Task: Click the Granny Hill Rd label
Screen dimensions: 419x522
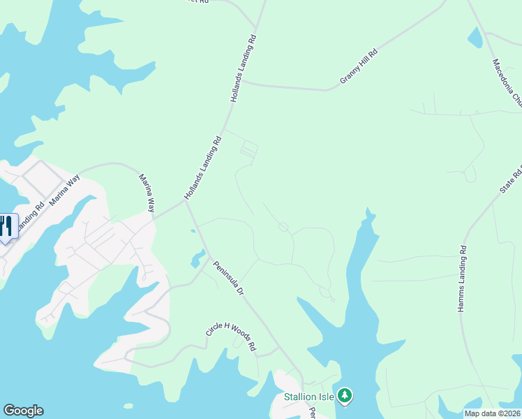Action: [359, 67]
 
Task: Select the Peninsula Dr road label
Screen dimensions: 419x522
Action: [228, 279]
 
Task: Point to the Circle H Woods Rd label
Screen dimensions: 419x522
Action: [231, 336]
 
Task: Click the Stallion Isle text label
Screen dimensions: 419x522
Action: [308, 397]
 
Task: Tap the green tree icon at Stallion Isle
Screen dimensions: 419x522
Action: [343, 396]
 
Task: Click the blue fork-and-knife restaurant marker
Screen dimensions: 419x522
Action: [6, 226]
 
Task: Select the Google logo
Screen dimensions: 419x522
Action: [23, 411]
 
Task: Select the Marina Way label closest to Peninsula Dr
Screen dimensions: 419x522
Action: [147, 193]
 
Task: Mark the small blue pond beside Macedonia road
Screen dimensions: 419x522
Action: [475, 38]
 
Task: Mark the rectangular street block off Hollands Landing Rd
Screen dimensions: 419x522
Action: [249, 149]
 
